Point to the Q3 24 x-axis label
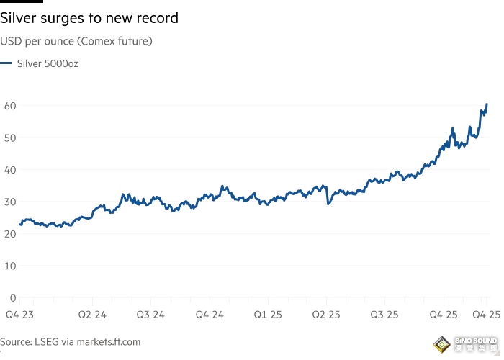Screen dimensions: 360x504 tap(151, 315)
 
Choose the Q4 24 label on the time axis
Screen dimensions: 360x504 tap(210, 315)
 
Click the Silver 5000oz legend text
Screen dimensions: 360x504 tap(48, 63)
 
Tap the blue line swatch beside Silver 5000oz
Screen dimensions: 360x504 tap(6, 63)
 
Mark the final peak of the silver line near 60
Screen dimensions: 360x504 tap(487, 104)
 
